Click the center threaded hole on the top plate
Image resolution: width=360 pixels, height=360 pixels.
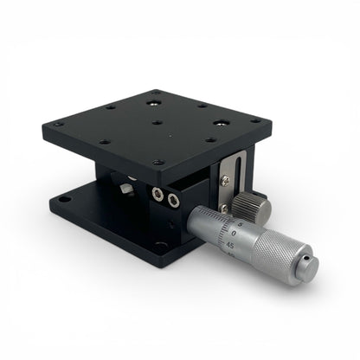point(157,122)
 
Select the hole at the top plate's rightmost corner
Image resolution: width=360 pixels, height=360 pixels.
point(256,120)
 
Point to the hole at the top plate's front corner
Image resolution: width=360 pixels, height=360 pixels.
point(157,162)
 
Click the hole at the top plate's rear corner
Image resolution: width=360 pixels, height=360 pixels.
point(156,92)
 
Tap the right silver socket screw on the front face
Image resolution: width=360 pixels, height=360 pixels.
point(174,201)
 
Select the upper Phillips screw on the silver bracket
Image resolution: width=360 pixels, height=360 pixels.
point(226,180)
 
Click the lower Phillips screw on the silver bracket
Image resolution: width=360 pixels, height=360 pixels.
point(224,208)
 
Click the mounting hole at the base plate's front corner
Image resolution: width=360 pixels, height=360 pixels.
point(160,246)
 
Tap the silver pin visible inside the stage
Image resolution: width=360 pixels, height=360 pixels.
point(128,188)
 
